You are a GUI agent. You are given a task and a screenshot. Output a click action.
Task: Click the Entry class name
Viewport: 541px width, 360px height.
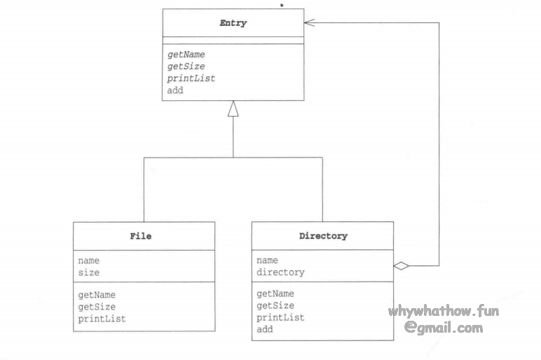[233, 23]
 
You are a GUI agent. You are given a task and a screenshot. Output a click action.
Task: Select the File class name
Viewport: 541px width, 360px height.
[140, 236]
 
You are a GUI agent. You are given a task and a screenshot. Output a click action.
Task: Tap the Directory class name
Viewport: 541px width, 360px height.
[322, 236]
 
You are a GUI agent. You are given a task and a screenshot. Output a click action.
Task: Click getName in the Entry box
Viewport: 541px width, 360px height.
[186, 55]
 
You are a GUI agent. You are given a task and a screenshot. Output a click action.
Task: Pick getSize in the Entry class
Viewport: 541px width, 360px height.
[186, 67]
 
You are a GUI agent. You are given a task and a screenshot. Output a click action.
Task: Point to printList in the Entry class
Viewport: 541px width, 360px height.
[191, 78]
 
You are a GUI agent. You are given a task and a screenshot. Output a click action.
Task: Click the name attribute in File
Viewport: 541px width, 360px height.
[88, 261]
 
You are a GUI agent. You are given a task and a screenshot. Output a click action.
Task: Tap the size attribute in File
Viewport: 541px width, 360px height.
[88, 272]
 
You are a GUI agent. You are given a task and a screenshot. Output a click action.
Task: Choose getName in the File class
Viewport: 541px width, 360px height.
[97, 295]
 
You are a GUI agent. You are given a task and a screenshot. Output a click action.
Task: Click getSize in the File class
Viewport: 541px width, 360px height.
[97, 307]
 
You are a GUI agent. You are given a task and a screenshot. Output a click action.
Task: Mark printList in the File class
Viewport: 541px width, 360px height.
[102, 319]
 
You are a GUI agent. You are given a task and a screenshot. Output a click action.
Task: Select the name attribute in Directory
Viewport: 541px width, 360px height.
[267, 261]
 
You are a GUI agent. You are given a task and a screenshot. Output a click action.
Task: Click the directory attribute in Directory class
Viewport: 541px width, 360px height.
[280, 272]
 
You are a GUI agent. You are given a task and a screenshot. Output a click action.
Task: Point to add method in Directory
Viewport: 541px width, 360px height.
[264, 329]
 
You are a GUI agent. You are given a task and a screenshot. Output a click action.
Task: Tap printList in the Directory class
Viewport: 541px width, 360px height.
[280, 317]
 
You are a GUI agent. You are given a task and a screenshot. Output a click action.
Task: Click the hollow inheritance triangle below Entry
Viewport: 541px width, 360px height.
[233, 109]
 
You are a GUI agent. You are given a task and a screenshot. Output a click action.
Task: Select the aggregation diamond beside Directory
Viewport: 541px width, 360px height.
[401, 265]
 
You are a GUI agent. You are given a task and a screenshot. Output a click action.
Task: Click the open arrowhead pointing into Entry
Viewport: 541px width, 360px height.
[309, 23]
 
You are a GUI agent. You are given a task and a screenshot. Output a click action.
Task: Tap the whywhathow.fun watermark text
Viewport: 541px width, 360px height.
[444, 311]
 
